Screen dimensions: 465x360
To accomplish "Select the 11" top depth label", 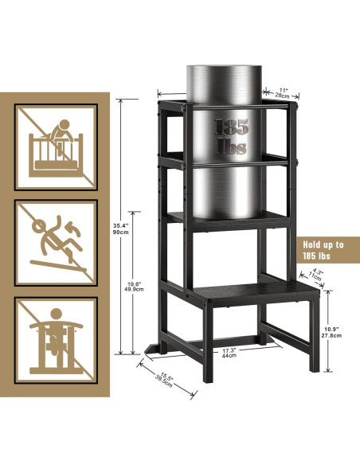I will point(283,90).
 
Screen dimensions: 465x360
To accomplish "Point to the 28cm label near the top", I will point(283,97).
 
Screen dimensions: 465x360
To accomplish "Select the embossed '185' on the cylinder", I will point(231,127).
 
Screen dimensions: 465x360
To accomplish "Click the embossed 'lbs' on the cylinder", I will point(231,148).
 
